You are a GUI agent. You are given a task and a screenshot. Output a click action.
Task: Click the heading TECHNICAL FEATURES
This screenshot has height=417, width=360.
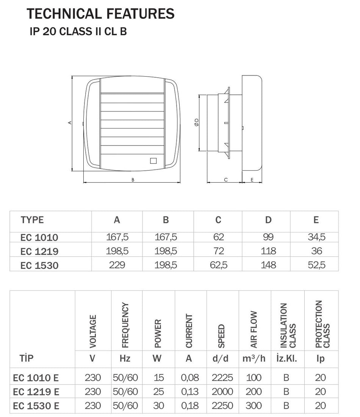[100, 14]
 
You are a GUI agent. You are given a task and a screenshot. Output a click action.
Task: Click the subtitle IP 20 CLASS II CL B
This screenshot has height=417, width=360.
[78, 32]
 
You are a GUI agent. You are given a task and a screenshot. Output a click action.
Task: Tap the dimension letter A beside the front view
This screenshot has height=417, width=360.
[69, 123]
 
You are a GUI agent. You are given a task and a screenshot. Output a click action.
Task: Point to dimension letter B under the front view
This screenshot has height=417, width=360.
[133, 180]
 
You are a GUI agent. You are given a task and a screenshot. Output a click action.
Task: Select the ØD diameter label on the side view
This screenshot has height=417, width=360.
[196, 122]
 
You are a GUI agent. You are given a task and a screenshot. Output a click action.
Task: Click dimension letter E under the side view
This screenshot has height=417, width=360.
[252, 180]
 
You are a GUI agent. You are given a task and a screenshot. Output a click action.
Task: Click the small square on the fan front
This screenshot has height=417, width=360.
[153, 160]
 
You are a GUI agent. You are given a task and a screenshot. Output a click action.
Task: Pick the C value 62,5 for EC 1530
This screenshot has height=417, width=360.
[219, 265]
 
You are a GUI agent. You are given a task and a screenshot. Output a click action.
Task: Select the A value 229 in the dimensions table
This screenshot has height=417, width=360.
[117, 265]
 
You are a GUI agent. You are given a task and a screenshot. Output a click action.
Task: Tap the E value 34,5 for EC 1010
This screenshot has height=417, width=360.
[316, 237]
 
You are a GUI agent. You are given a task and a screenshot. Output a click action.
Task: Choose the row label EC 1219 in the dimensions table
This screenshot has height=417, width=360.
[39, 251]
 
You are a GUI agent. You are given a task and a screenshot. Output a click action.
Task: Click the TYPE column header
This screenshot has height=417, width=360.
[32, 220]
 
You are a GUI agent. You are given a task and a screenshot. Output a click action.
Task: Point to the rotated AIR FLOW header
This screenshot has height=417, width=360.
[254, 330]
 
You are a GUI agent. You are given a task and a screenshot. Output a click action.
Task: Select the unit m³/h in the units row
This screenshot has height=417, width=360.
[254, 358]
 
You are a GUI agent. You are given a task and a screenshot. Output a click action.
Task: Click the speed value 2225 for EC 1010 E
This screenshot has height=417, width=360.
[222, 378]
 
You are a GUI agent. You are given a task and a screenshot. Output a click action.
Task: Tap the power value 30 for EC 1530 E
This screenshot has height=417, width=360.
[159, 406]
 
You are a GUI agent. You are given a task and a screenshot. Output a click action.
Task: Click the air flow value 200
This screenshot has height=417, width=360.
[254, 392]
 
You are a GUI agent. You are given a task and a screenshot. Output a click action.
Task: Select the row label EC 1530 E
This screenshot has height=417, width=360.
[36, 406]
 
